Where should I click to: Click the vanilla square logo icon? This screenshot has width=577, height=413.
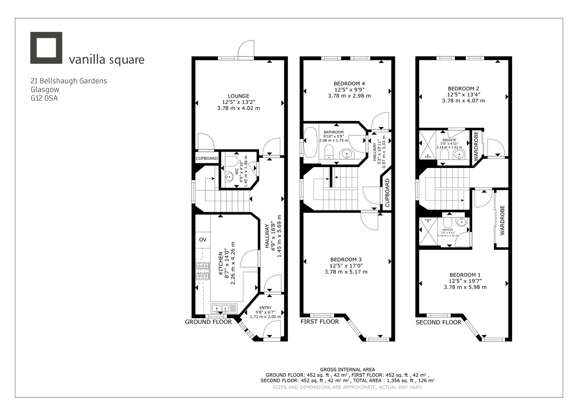coord(46,48)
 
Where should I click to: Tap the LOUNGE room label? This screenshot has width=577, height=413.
coord(238,95)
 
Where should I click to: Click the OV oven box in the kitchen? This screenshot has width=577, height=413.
coord(203,239)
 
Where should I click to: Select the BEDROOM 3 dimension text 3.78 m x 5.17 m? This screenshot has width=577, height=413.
coord(346,271)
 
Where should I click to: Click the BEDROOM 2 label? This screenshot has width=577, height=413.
coord(463,89)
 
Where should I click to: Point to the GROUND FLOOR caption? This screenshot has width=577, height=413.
coord(208,322)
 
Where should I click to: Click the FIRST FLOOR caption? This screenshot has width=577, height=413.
coord(320,322)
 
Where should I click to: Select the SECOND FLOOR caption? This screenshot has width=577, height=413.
coord(438,322)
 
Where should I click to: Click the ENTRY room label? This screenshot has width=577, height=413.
coord(265,308)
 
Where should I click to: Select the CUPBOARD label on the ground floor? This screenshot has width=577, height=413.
coord(207,158)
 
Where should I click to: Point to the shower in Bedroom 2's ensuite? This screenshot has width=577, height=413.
coord(426,144)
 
